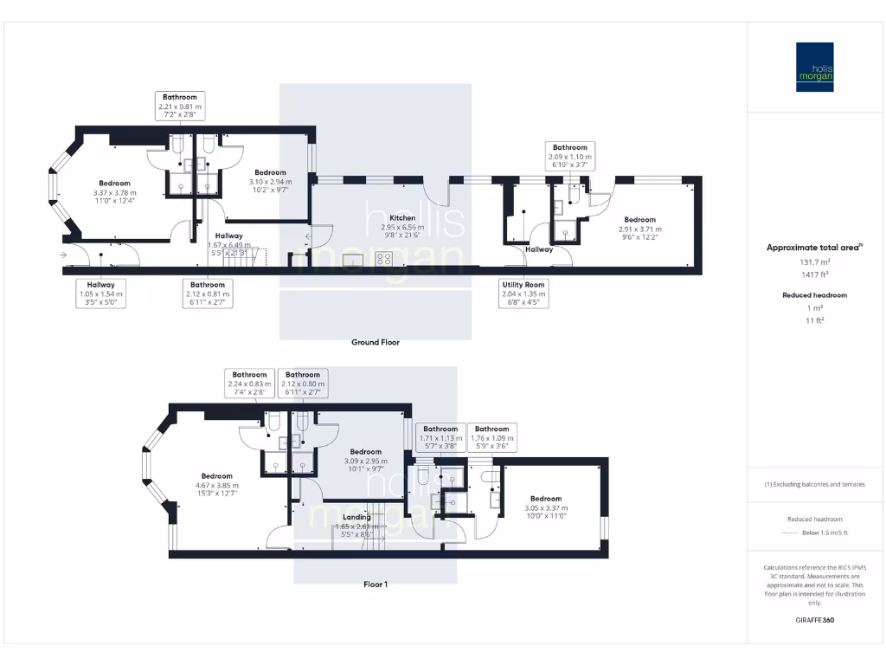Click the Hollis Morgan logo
pos(814,67)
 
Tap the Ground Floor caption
pos(375,342)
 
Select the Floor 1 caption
pos(375,584)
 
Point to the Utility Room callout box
pos(523,294)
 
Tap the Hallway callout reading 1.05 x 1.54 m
pos(100,294)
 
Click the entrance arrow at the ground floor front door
pos(63,255)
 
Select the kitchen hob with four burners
pos(383,258)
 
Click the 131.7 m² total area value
pos(813,261)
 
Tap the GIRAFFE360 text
pos(814,620)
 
